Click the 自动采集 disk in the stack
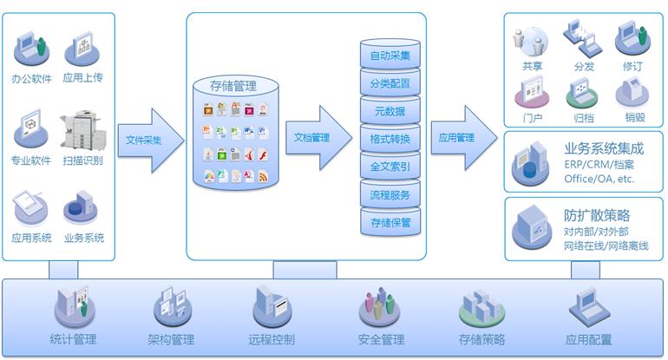tap(390, 56)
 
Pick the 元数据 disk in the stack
tap(390, 111)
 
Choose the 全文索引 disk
tap(390, 166)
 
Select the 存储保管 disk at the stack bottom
tap(390, 222)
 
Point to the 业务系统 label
tap(83, 237)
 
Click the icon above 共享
tap(530, 40)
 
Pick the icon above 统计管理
tap(73, 307)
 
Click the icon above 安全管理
tap(379, 307)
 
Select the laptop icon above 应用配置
tap(589, 307)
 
